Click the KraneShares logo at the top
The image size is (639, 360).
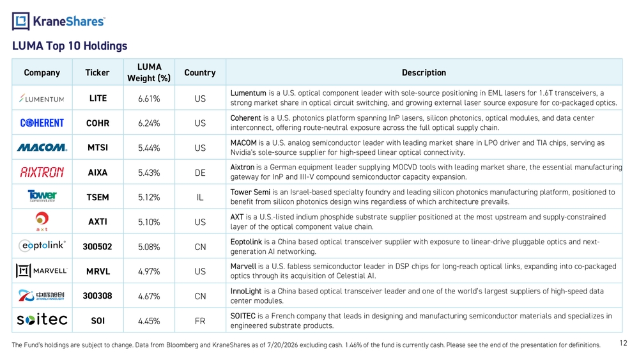(59, 21)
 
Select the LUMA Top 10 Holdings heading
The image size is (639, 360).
(70, 45)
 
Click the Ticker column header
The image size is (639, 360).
(97, 72)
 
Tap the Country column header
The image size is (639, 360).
(199, 72)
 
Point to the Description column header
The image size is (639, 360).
(424, 72)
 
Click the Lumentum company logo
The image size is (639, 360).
(42, 98)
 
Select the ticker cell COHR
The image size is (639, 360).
(98, 123)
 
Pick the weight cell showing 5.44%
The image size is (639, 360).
(149, 148)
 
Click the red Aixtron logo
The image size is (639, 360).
(42, 173)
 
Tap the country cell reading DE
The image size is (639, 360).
(200, 173)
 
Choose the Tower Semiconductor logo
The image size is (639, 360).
(42, 196)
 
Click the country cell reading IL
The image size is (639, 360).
(200, 198)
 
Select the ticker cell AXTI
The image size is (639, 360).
(98, 222)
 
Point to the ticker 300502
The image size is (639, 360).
(97, 247)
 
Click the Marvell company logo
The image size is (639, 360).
(42, 270)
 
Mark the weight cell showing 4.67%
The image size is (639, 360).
(149, 297)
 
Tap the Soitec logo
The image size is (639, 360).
(42, 319)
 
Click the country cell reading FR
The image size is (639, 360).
(200, 321)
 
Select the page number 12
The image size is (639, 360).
(623, 343)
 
